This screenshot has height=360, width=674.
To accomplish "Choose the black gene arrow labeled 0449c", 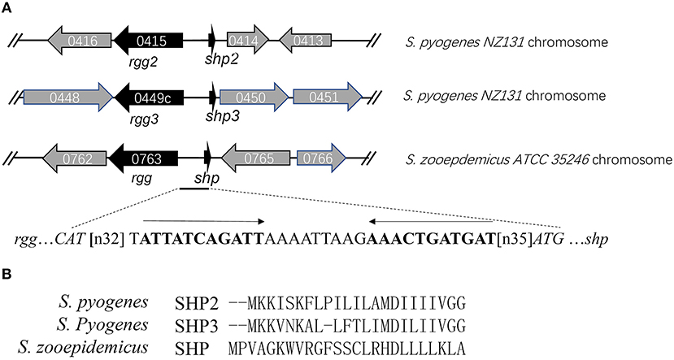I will pyautogui.click(x=154, y=97).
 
